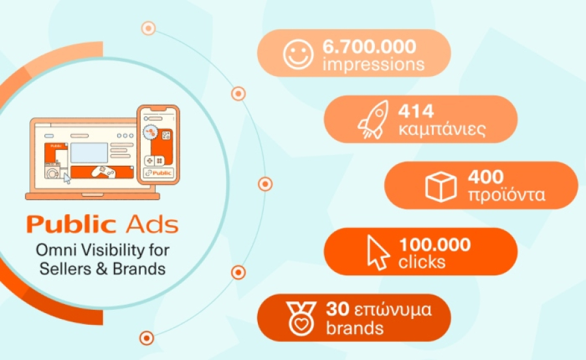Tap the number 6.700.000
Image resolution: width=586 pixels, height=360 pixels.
[x=369, y=47]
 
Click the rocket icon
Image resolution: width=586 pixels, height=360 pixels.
[x=373, y=120]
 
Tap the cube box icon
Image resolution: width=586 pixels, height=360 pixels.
[x=441, y=186]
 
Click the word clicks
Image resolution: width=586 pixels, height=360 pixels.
[x=423, y=262]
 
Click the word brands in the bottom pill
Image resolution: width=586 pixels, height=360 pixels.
[x=356, y=327]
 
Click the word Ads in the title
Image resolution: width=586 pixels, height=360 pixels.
[x=150, y=225]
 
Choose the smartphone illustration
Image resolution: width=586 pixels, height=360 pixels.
[x=158, y=145]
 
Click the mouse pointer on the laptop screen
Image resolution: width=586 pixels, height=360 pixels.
[x=66, y=178]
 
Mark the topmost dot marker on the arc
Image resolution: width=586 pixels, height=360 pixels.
[x=148, y=28]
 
